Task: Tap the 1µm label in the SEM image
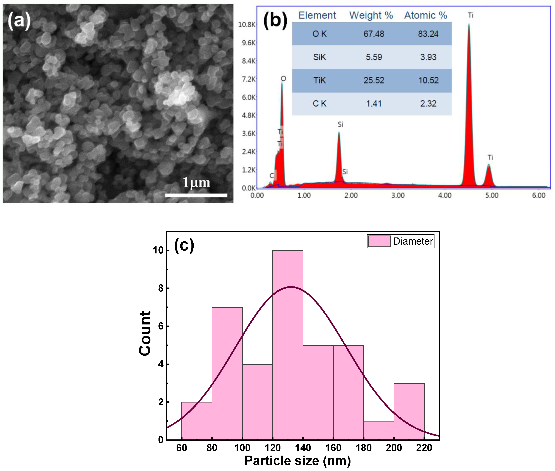(x=196, y=183)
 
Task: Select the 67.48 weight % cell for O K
(x=374, y=34)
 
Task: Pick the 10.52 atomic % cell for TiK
(x=428, y=80)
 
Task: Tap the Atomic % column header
(x=426, y=15)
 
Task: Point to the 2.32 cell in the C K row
(x=428, y=104)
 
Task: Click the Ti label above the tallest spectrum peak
(x=470, y=15)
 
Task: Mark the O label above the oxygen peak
(x=283, y=79)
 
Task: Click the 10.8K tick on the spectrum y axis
(x=247, y=25)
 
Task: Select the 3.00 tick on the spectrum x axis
(x=398, y=196)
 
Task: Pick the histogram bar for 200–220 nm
(x=409, y=411)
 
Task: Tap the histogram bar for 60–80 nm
(x=197, y=421)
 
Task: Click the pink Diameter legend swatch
(x=379, y=241)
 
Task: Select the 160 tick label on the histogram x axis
(x=333, y=448)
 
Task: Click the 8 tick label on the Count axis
(x=161, y=288)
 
